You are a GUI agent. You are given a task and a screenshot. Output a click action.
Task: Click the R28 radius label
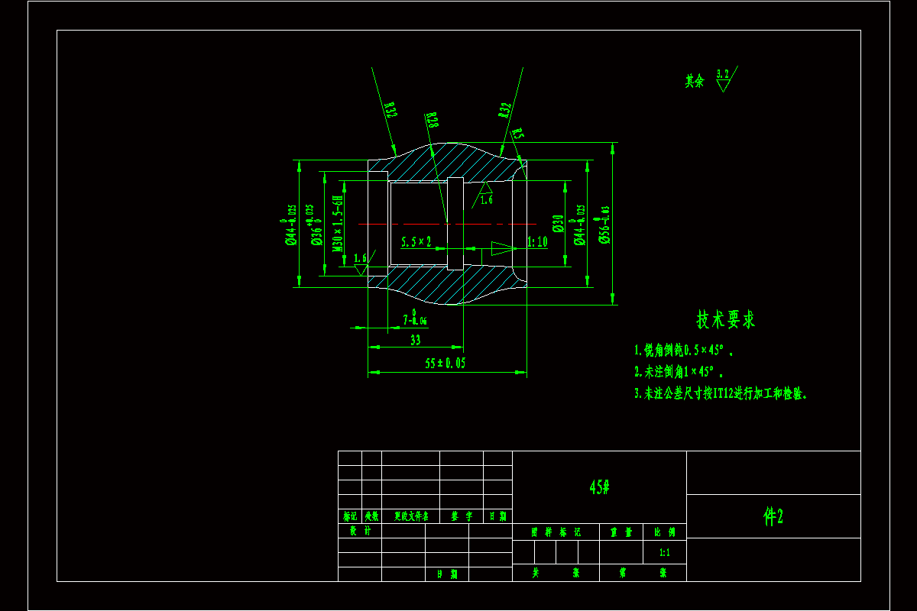pyautogui.click(x=433, y=120)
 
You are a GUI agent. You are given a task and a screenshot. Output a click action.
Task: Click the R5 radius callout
pyautogui.click(x=518, y=134)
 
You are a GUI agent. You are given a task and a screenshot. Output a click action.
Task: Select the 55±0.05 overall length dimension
pyautogui.click(x=445, y=364)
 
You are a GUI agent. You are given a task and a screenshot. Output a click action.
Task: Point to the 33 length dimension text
pyautogui.click(x=416, y=340)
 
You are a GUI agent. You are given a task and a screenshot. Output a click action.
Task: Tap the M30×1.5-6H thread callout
pyautogui.click(x=337, y=224)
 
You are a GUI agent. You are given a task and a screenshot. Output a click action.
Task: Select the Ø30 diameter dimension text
pyautogui.click(x=559, y=223)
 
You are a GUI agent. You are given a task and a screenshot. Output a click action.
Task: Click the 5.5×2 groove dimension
pyautogui.click(x=416, y=241)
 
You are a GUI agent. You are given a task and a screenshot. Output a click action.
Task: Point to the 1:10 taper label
pyautogui.click(x=538, y=242)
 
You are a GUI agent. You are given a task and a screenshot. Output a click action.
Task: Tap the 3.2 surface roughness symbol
pyautogui.click(x=723, y=79)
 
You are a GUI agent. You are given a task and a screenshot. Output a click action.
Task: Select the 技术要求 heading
pyautogui.click(x=725, y=320)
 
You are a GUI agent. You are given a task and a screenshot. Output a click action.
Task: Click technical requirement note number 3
pyautogui.click(x=721, y=394)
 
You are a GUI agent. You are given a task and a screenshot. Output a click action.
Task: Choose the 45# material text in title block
pyautogui.click(x=599, y=487)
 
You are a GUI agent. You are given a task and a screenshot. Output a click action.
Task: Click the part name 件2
pyautogui.click(x=773, y=517)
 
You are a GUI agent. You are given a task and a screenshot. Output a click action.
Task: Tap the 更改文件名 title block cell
pyautogui.click(x=411, y=516)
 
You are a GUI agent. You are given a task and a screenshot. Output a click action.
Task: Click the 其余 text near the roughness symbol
pyautogui.click(x=694, y=81)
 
